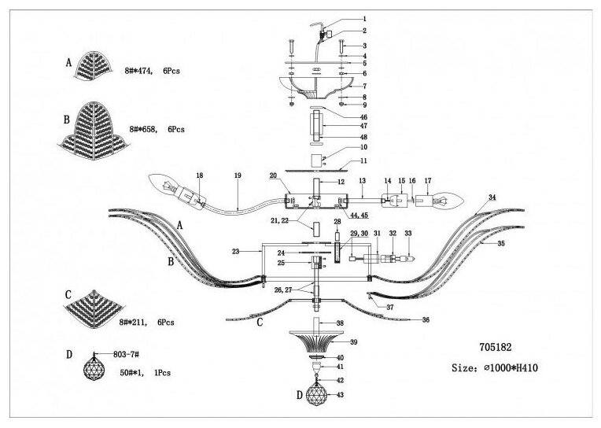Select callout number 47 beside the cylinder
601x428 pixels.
(364, 126)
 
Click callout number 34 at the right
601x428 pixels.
(492, 197)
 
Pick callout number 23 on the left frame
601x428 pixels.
(234, 251)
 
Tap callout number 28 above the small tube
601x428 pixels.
(337, 223)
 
